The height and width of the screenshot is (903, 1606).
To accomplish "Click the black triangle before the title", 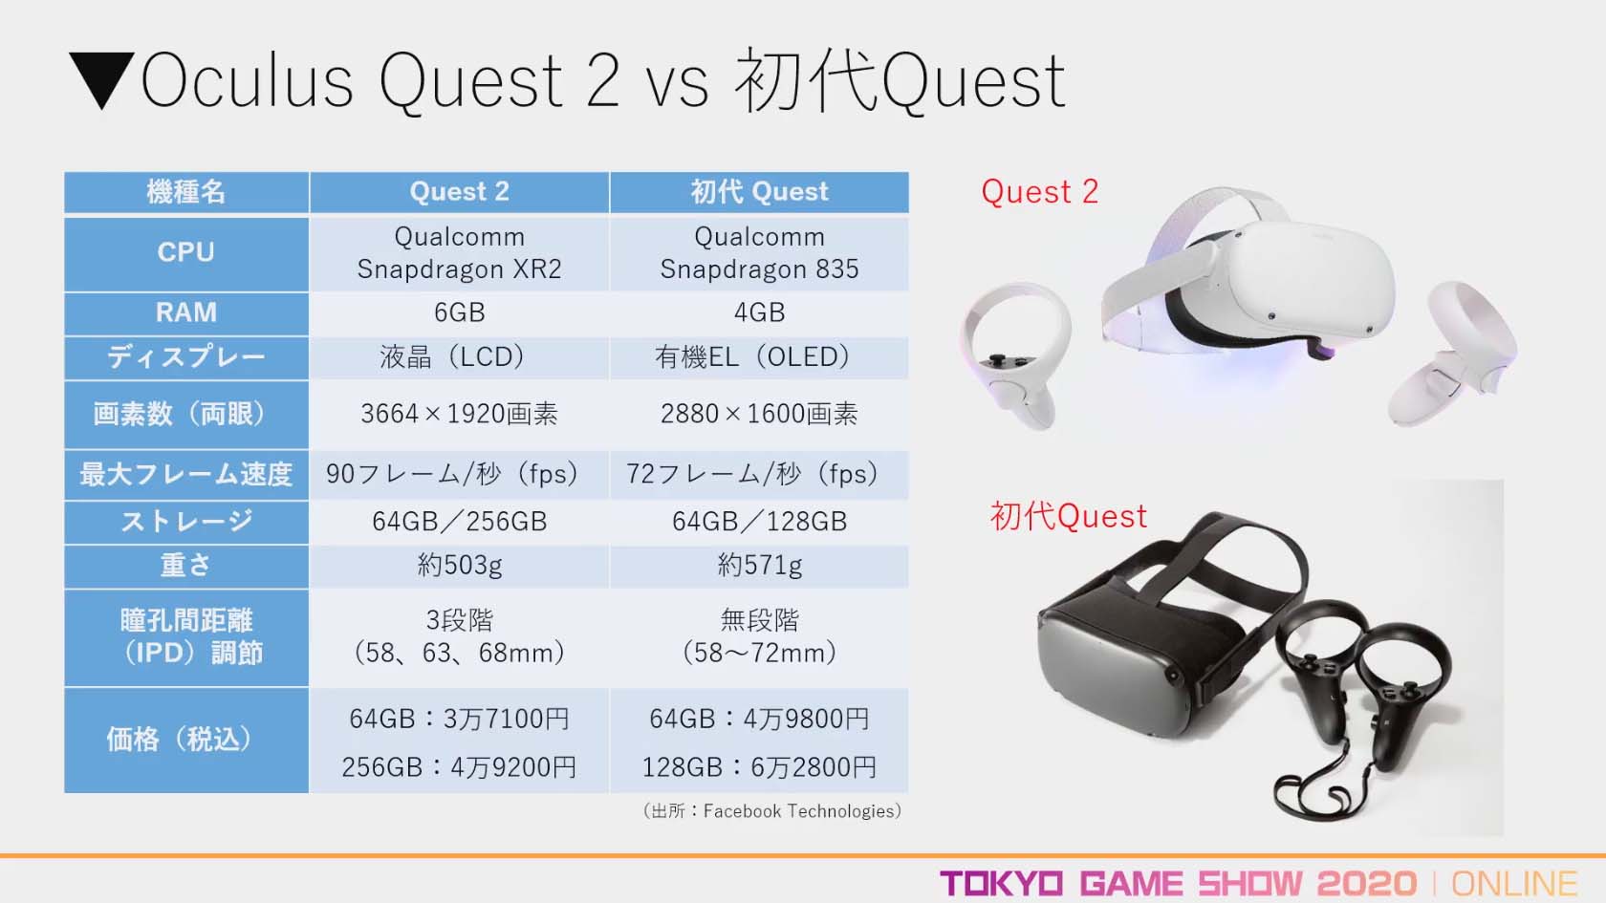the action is pos(101,78).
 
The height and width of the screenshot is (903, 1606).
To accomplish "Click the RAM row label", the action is pos(186,312).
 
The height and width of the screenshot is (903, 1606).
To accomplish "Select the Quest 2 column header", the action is pos(460,192).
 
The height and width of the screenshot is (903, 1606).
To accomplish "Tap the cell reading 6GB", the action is pos(460,312).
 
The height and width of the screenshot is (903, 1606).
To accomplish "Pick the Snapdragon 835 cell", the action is pos(759,253).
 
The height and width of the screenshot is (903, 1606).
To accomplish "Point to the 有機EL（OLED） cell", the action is pos(759,357).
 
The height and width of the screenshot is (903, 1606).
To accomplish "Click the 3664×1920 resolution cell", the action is pos(460,415).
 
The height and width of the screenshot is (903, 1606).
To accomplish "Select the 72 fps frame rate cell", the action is pos(759,474).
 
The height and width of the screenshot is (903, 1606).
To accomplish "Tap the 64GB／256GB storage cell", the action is pos(460,522).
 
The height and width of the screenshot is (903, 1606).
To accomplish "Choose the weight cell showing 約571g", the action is pos(759,566).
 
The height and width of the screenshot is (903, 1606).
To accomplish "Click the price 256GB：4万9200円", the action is pos(459,767).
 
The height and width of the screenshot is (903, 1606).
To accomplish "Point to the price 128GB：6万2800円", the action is pos(759,767).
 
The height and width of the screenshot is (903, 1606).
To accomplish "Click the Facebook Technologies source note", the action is pos(772,811).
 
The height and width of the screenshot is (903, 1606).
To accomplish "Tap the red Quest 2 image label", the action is pos(1040,192).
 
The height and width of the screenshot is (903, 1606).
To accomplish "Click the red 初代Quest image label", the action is pos(1069,516).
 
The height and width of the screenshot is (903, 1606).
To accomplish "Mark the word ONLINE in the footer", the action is pos(1514,884).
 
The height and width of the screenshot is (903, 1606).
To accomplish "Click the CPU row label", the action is pos(186,253).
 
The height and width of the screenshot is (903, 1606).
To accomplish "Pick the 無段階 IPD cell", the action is pos(759,637).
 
